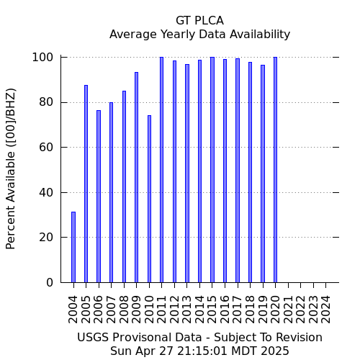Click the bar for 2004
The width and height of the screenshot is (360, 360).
pyautogui.click(x=73, y=247)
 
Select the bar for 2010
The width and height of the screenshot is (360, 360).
pyautogui.click(x=149, y=199)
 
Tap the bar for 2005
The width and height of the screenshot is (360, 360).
pyautogui.click(x=86, y=184)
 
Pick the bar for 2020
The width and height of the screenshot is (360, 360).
pyautogui.click(x=275, y=170)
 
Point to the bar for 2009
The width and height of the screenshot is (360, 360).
pyautogui.click(x=136, y=177)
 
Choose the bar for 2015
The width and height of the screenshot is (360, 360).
pyautogui.click(x=212, y=170)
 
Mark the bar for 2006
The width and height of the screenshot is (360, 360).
pyautogui.click(x=99, y=197)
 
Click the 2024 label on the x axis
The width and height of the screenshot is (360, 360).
pyautogui.click(x=325, y=310)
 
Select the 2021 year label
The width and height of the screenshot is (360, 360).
pyautogui.click(x=288, y=310)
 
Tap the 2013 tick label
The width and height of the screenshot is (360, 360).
pyautogui.click(x=187, y=310)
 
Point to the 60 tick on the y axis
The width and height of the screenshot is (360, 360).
pyautogui.click(x=46, y=147)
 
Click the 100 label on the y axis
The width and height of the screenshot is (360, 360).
pyautogui.click(x=42, y=58)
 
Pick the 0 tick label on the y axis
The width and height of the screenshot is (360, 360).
pyautogui.click(x=50, y=282)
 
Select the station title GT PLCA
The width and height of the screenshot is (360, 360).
pyautogui.click(x=199, y=21)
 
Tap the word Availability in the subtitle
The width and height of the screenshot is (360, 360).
pyautogui.click(x=260, y=35)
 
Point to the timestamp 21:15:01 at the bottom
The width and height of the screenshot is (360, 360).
pyautogui.click(x=202, y=351)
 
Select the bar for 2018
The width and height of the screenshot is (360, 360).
pyautogui.click(x=250, y=172)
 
